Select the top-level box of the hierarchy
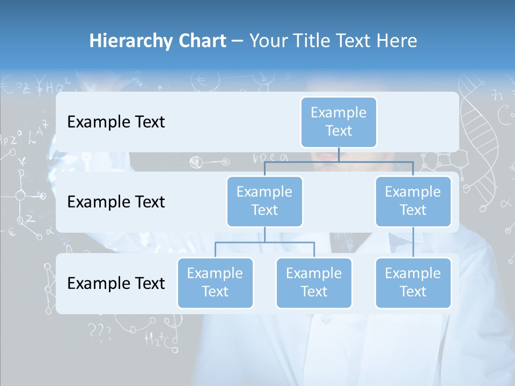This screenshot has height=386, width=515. pos(339,122)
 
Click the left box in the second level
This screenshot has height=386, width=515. pos(264,202)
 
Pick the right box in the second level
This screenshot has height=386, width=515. pos(413,202)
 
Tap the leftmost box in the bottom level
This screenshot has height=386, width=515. pos(215,283)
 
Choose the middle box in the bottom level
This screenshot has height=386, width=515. pos(314,283)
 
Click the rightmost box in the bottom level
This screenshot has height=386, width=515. pos(413,283)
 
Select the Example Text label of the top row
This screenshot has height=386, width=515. pos(116,122)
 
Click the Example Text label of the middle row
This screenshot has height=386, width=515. pos(116,202)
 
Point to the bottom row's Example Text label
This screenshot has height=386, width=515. pos(116,283)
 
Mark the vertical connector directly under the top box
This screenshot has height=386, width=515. pos(339,154)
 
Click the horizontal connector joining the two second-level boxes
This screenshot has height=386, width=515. pos(339,161)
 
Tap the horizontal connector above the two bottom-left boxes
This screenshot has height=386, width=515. pos(264,242)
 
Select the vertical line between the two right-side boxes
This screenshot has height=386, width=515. pos(413,242)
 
